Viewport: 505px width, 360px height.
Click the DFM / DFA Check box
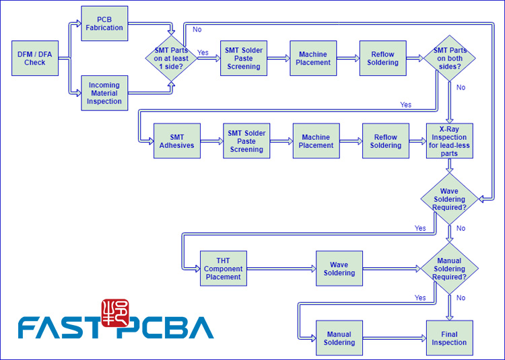[x=34, y=59]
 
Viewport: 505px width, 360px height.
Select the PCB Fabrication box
[x=104, y=24]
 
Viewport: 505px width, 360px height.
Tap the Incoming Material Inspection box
[x=104, y=93]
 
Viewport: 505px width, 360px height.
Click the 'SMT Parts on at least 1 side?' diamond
[x=171, y=59]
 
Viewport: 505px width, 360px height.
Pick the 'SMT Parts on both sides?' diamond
[x=449, y=59]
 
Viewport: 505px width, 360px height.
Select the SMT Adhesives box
[x=176, y=141]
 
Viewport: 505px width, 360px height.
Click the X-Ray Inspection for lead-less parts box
[x=449, y=141]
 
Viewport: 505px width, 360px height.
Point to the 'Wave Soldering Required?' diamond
[x=449, y=199]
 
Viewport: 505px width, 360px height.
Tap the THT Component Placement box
[x=223, y=268]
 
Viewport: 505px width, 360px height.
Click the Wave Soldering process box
[x=339, y=268]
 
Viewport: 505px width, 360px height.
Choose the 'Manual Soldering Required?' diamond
[x=449, y=268]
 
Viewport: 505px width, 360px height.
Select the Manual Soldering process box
[x=339, y=338]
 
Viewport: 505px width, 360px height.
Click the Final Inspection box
[x=449, y=338]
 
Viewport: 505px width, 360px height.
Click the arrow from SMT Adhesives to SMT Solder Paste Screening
[x=211, y=141]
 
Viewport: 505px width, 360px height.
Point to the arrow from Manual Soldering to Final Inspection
[x=394, y=338]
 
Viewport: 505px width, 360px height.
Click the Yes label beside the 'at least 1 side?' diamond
[x=203, y=52]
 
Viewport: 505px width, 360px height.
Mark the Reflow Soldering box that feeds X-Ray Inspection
[x=386, y=141]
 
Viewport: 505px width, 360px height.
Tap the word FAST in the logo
[x=58, y=328]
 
